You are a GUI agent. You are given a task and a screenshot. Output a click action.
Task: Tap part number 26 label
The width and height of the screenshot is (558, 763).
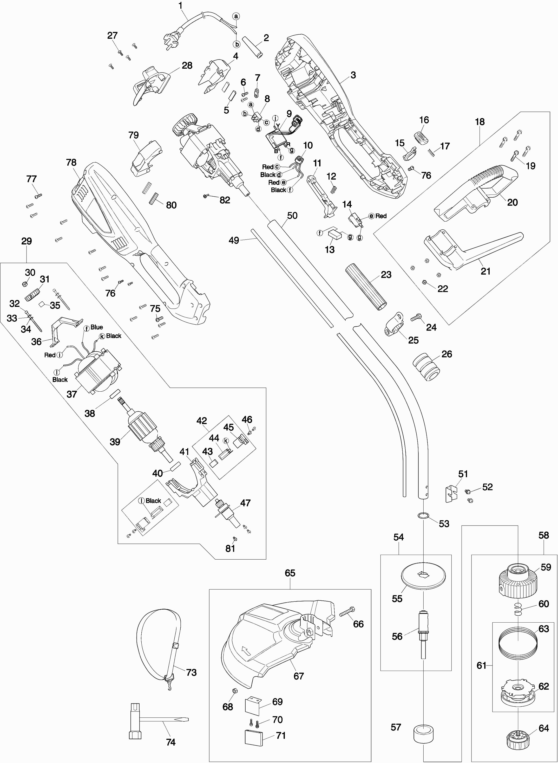447,354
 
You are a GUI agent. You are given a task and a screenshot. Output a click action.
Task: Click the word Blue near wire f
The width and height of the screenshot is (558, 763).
97,327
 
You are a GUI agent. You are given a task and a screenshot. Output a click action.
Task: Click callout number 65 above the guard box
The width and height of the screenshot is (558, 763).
290,573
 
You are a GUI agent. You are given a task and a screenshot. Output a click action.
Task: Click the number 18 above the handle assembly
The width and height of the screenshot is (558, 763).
480,122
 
